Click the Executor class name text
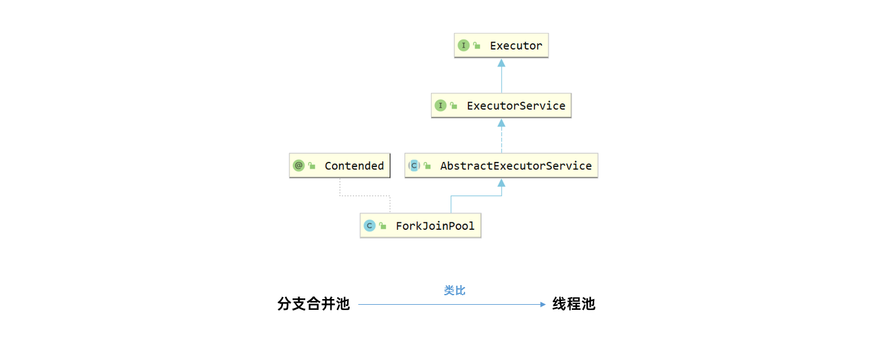click(516, 46)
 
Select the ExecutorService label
click(516, 106)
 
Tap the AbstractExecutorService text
click(516, 166)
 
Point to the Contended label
click(354, 166)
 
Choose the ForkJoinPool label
click(435, 225)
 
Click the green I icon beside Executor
click(463, 46)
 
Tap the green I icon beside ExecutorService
click(440, 106)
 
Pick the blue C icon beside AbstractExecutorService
click(414, 166)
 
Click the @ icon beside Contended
click(298, 166)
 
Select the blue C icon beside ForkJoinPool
click(369, 225)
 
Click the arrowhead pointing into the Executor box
click(501, 62)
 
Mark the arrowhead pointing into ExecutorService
click(501, 122)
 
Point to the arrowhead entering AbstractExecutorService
click(501, 182)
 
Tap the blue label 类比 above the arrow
click(454, 290)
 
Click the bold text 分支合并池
click(314, 304)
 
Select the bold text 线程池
click(574, 304)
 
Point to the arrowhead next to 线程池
click(543, 305)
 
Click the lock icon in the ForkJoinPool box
click(383, 225)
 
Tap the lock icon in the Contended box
click(312, 166)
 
